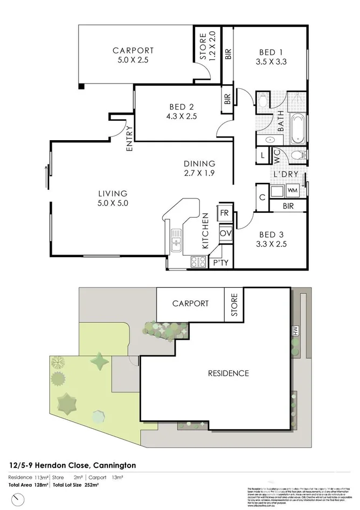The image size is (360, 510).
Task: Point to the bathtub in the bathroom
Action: click(296, 128)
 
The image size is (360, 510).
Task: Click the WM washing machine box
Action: click(292, 190)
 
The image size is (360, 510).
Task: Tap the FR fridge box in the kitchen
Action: click(225, 213)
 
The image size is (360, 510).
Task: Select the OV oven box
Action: click(225, 233)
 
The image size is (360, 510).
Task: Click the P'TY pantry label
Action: click(220, 263)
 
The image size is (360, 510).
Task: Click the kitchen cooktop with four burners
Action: click(197, 262)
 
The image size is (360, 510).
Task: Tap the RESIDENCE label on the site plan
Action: click(229, 373)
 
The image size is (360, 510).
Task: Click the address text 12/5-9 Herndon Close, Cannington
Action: click(72, 465)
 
